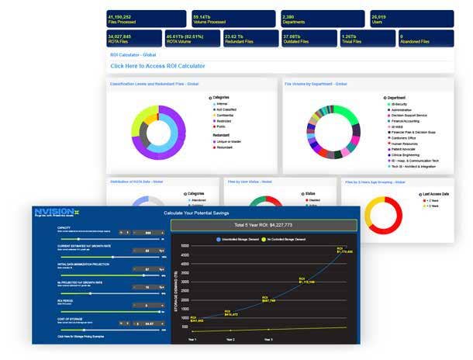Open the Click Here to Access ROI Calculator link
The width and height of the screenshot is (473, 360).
click(158, 66)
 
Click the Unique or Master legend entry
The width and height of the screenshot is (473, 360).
click(231, 141)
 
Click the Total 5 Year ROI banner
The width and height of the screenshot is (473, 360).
click(264, 225)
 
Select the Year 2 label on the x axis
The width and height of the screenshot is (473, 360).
click(230, 339)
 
